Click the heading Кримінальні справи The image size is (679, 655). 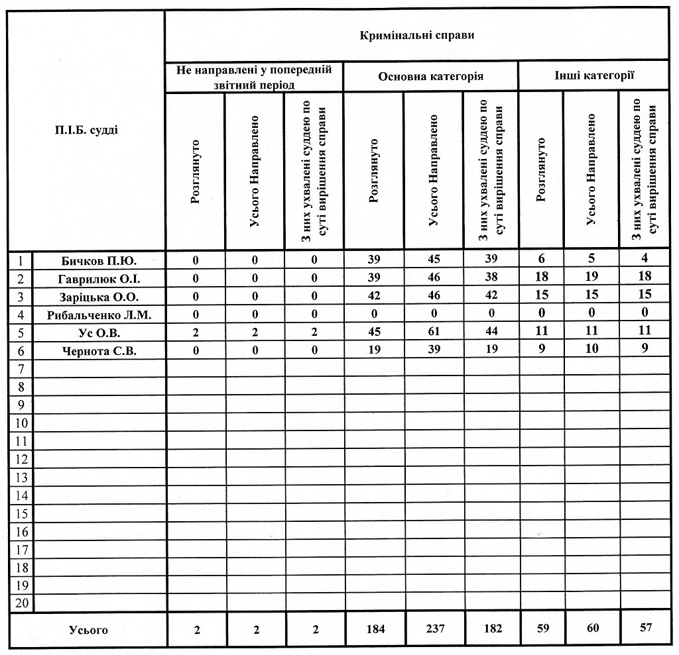coord(417,35)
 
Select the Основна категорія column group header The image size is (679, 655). coord(430,76)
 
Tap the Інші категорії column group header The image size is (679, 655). coord(594,76)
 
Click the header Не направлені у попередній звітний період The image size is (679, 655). coord(254,76)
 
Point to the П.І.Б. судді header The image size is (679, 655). coord(87,130)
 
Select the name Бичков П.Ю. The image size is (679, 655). coord(99,260)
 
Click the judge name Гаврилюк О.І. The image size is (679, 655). coord(99,277)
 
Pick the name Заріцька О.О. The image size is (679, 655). coord(99,296)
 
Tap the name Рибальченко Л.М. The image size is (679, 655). coord(99,315)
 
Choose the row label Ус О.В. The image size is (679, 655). coord(99,332)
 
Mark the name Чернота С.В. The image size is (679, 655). coord(99,351)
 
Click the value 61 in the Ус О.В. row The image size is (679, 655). coord(434,331)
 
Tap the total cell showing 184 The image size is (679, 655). coord(375,629)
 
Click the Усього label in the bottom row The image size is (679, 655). coord(88,630)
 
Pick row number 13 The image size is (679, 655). coord(22,478)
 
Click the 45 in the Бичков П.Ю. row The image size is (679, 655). coord(434,259)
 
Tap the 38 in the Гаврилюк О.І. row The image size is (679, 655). coord(490,277)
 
